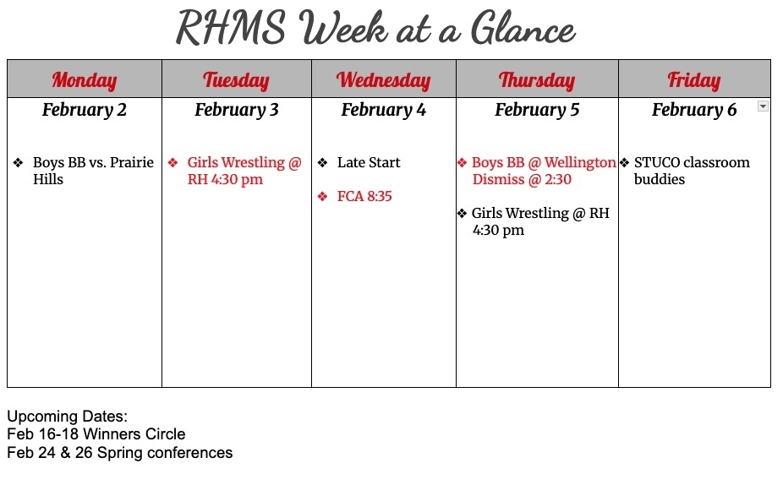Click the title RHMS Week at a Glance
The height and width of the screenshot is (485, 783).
pyautogui.click(x=375, y=29)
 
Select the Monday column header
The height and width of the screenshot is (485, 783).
pyautogui.click(x=85, y=80)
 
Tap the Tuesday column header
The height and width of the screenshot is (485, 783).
pyautogui.click(x=236, y=80)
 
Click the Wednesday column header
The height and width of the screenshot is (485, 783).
pyautogui.click(x=383, y=80)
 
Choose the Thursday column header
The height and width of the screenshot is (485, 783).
pyautogui.click(x=536, y=80)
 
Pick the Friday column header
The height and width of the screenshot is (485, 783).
pyautogui.click(x=693, y=80)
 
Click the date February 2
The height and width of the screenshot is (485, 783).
pyautogui.click(x=85, y=110)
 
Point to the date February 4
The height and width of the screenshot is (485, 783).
pyautogui.click(x=383, y=110)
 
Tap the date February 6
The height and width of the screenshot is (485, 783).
pyautogui.click(x=693, y=110)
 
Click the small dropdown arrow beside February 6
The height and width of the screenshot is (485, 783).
pyautogui.click(x=763, y=106)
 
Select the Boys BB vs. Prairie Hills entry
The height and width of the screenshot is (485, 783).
pyautogui.click(x=92, y=171)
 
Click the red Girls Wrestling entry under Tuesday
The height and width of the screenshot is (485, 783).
pyautogui.click(x=244, y=171)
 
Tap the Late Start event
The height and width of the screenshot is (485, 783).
pyautogui.click(x=368, y=162)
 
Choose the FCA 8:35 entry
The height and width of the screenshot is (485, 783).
pyautogui.click(x=364, y=196)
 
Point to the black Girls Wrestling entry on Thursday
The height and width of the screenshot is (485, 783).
pyautogui.click(x=539, y=221)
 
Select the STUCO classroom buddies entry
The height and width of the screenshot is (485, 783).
pyautogui.click(x=691, y=171)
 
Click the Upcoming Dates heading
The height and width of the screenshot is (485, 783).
pyautogui.click(x=67, y=417)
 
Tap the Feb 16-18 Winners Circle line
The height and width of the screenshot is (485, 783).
pyautogui.click(x=96, y=434)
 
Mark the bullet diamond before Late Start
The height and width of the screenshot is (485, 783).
pyautogui.click(x=322, y=162)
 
